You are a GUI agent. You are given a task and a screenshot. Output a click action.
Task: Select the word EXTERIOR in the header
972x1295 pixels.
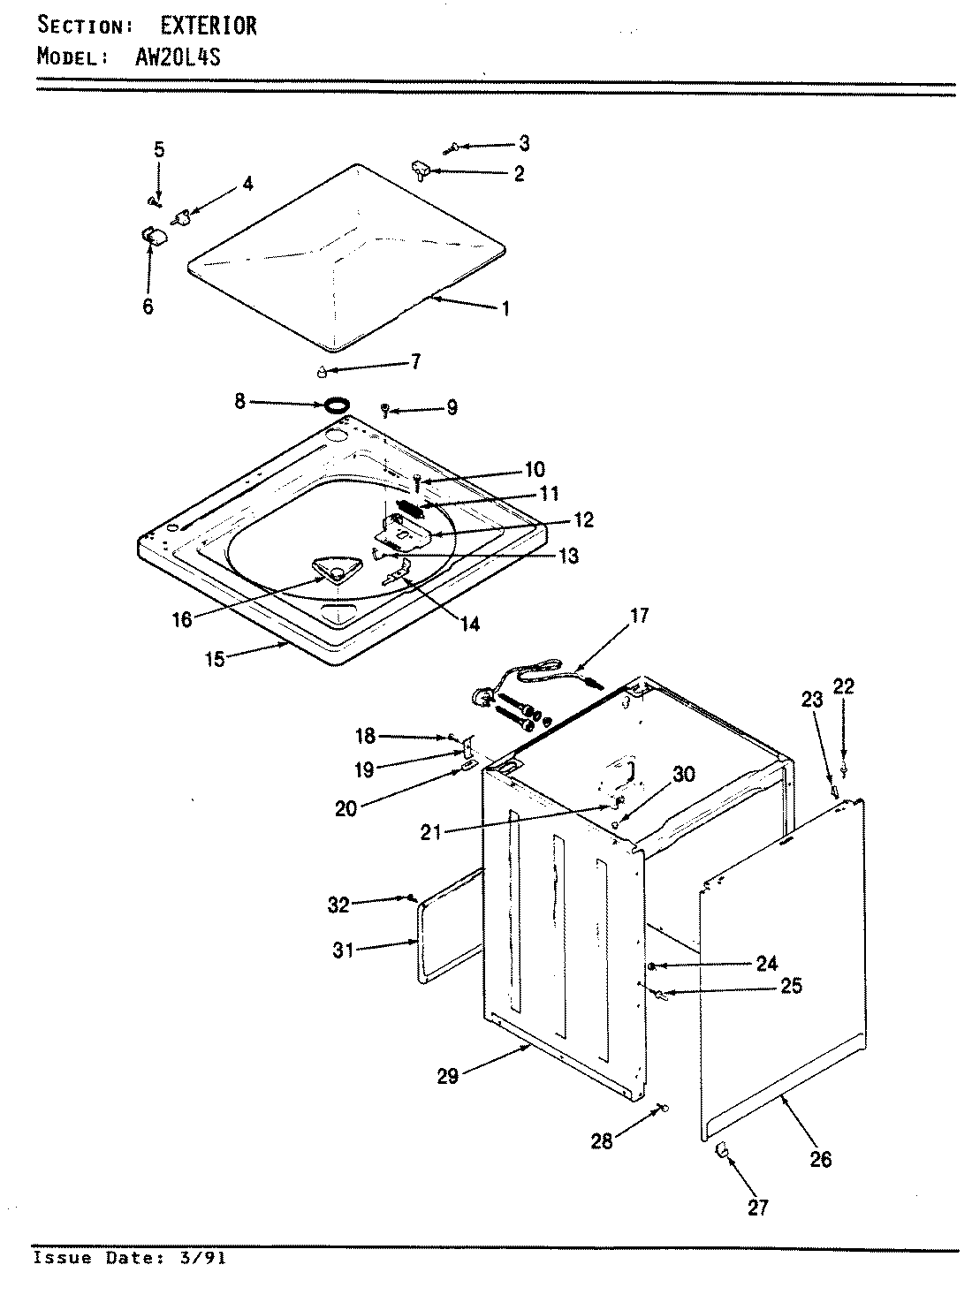(209, 26)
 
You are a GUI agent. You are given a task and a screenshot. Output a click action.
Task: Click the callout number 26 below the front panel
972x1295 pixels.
(821, 1159)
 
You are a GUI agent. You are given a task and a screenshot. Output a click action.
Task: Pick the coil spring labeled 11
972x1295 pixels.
(410, 508)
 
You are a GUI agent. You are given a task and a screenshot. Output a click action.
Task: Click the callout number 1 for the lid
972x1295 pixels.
(505, 308)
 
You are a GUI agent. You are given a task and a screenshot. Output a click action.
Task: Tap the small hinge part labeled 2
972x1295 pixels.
(419, 169)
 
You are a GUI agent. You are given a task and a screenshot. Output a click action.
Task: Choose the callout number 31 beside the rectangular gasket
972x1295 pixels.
(343, 950)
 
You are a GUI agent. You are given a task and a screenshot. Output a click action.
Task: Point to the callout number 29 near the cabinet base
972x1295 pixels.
(448, 1076)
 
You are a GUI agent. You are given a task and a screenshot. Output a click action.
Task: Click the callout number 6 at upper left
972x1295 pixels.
(148, 307)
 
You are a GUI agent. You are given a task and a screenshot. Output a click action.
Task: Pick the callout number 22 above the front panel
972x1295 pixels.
(844, 686)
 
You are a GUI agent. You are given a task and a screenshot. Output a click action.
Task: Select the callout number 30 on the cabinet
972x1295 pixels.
(683, 775)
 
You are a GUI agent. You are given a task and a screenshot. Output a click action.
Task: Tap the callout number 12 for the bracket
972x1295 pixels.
(582, 519)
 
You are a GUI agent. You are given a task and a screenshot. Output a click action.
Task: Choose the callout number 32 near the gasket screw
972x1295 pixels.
(338, 904)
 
